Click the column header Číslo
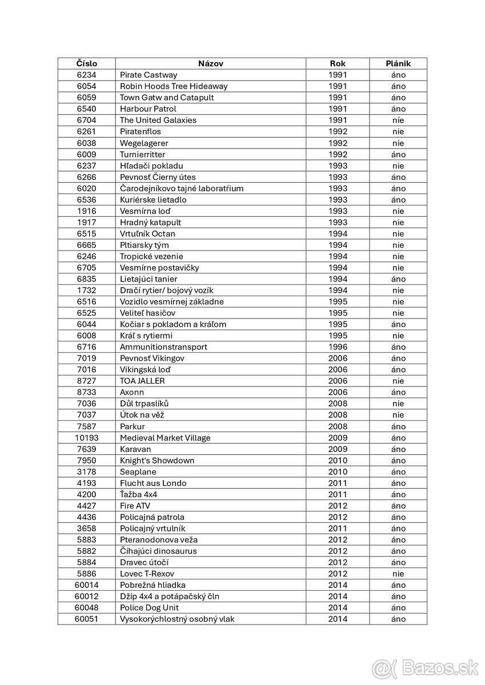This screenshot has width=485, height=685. pos(86,63)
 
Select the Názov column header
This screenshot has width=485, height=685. pos(210,63)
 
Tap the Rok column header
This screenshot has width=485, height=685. pos(338,63)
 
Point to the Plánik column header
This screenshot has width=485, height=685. pos(398,63)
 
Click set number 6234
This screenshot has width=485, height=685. pos(86,75)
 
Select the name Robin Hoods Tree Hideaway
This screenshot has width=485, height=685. pos(174,86)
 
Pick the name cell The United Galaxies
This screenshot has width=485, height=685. pos(158,120)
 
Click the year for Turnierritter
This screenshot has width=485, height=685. pos(338,154)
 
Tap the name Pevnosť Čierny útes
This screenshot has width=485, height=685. pos(158,177)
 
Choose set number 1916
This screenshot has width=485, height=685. pos(86,211)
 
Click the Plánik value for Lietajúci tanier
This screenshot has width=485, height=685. pos(398,279)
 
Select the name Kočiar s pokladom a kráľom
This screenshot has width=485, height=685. pos(173,324)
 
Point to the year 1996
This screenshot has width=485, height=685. pos(338,346)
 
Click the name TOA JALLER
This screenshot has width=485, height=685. pos(142,381)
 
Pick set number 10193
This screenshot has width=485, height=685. pos(86,437)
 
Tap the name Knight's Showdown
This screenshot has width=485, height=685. pos(157,460)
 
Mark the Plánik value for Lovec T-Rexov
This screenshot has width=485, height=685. pos(398,573)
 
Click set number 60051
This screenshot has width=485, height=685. pos(86,619)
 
